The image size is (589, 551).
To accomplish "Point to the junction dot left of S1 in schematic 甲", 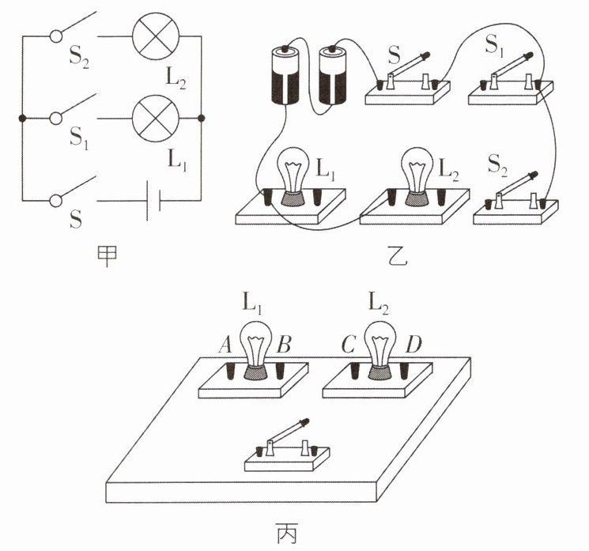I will pos(22,119).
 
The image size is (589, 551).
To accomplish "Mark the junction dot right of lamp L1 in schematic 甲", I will pos(201,119).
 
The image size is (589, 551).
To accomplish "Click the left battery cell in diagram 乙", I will pos(288,77).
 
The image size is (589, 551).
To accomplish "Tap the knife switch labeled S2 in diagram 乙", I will pos(514,201).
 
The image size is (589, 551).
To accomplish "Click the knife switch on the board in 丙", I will pos(286,447).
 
